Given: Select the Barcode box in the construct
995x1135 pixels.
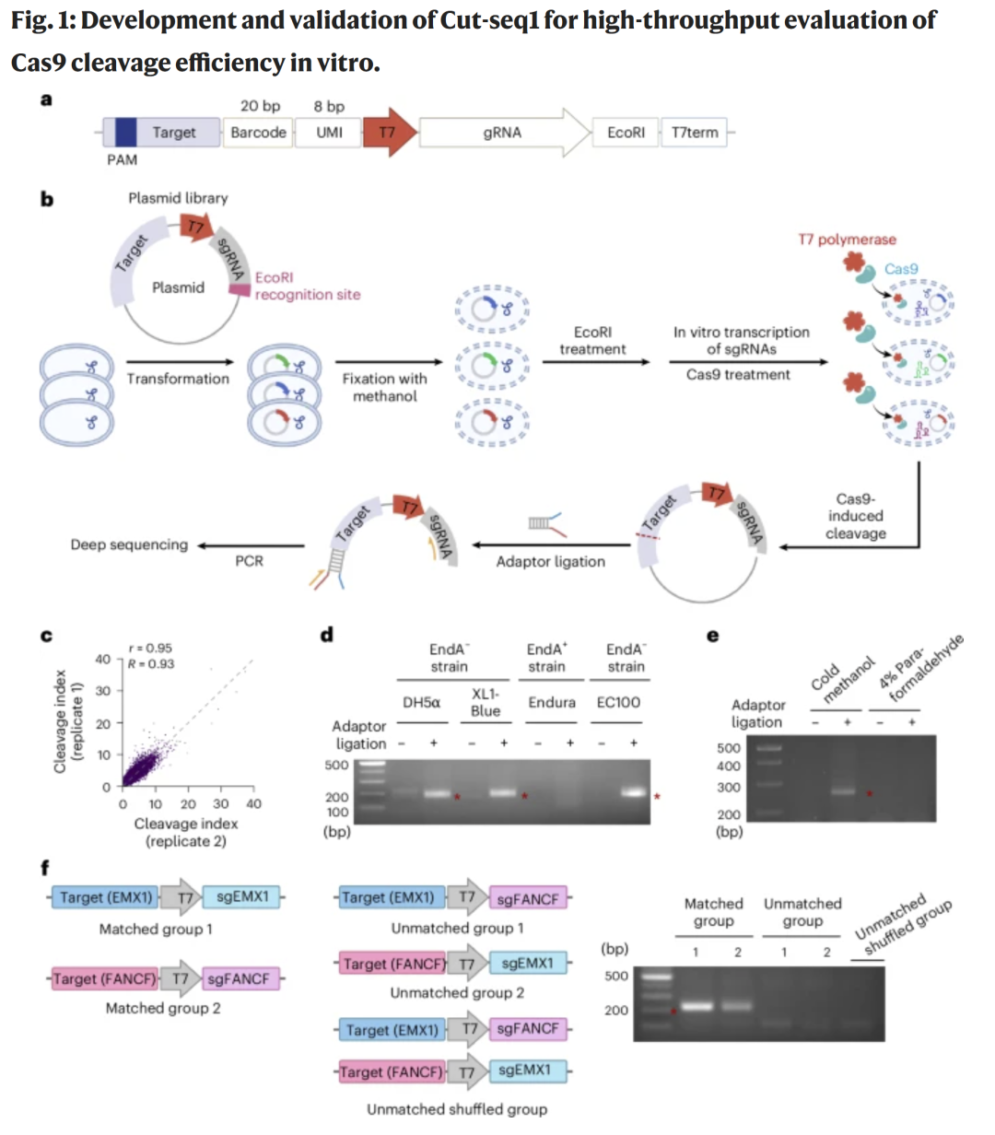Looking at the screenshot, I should (x=258, y=133).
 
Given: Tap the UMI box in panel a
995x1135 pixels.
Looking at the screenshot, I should (x=329, y=133).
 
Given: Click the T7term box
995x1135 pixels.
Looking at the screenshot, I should (x=695, y=133).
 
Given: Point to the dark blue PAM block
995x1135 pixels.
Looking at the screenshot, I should (x=125, y=133).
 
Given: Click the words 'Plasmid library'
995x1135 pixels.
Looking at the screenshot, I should (x=178, y=198).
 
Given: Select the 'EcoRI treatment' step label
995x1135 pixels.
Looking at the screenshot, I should (x=592, y=340).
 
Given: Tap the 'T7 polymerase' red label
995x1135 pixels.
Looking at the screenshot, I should (x=847, y=240).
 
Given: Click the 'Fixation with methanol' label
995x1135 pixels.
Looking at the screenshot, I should (x=384, y=387).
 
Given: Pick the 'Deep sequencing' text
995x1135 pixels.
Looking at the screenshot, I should (x=129, y=544).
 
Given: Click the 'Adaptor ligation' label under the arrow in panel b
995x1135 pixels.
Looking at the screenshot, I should (x=550, y=561).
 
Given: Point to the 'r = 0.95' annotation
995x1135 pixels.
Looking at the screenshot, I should (x=150, y=648).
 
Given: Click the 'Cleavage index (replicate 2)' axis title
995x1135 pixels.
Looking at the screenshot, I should (x=186, y=832).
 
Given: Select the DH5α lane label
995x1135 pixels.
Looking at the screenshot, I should (x=421, y=702).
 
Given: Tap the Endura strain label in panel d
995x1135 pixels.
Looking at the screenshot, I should (x=551, y=702).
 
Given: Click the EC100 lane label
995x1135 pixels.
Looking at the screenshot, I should (x=618, y=702).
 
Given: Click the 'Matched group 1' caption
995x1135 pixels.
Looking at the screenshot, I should (x=156, y=929).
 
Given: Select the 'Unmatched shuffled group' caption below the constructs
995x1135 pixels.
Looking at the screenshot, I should (x=457, y=1109).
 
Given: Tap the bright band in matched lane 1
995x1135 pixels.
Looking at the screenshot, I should (x=696, y=1006).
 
